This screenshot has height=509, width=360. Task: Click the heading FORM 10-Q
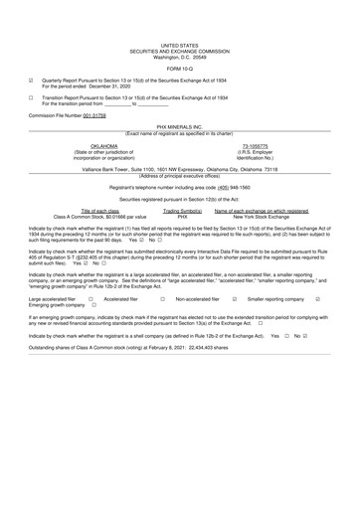click(179, 67)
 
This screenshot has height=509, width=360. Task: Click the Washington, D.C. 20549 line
click(179, 56)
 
